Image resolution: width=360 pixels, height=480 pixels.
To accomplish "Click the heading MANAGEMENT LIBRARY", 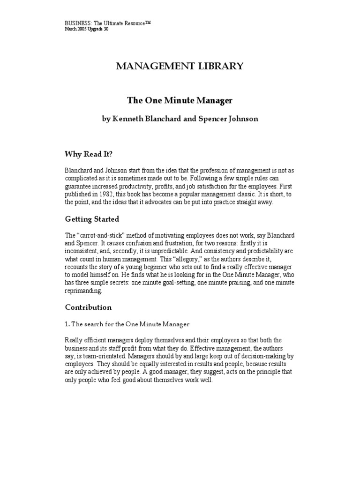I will point(180,66).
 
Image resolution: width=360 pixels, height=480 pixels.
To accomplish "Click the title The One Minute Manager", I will point(180,100).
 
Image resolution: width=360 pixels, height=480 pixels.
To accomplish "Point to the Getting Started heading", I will point(92,219).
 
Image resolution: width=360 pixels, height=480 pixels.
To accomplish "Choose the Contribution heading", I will point(88,307).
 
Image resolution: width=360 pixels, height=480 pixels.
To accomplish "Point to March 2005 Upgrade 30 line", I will point(89,29).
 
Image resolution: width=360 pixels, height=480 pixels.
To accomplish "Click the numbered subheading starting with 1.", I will point(127,324).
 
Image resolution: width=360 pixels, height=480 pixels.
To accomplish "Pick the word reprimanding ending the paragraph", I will point(83,291).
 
